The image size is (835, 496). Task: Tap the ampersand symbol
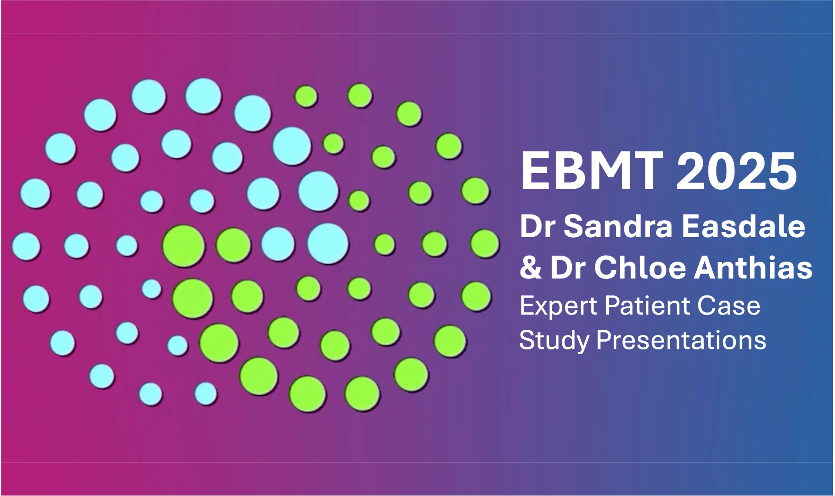(x=531, y=267)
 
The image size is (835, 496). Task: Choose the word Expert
(x=558, y=306)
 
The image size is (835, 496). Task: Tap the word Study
(x=554, y=341)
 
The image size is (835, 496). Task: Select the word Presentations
(x=681, y=341)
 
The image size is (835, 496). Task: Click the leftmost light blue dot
(x=27, y=246)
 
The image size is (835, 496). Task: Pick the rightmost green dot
(x=485, y=244)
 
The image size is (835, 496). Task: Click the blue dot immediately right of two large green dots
(x=278, y=244)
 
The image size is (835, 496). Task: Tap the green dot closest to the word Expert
(x=477, y=297)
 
